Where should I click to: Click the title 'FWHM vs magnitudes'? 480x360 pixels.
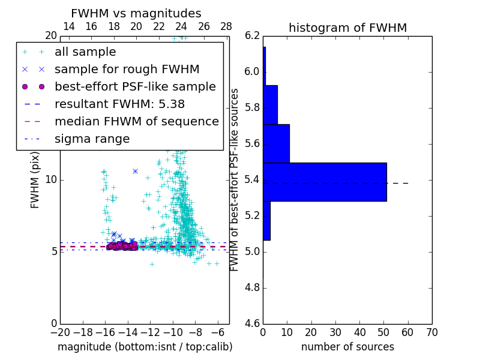pyautogui.click(x=136, y=14)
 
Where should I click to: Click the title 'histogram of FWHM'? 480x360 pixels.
pyautogui.click(x=347, y=28)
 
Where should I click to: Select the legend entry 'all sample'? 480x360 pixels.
pyautogui.click(x=85, y=52)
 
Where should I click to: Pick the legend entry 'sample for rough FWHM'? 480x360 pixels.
pyautogui.click(x=127, y=70)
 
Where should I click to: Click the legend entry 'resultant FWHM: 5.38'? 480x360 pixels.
pyautogui.click(x=119, y=104)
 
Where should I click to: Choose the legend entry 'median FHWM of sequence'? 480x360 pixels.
pyautogui.click(x=136, y=121)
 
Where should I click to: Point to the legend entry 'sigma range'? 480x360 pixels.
pyautogui.click(x=92, y=139)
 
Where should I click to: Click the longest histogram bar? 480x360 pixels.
pyautogui.click(x=325, y=182)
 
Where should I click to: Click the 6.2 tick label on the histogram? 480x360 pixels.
pyautogui.click(x=252, y=36)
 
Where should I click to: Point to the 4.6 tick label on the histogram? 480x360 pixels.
pyautogui.click(x=252, y=323)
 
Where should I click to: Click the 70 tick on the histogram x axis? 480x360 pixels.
pyautogui.click(x=431, y=332)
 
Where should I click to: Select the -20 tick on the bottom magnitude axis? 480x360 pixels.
pyautogui.click(x=60, y=332)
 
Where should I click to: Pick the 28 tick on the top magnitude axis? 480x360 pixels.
pyautogui.click(x=226, y=26)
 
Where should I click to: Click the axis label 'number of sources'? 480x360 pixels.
pyautogui.click(x=347, y=347)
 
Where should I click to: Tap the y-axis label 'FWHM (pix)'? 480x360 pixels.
pyautogui.click(x=35, y=180)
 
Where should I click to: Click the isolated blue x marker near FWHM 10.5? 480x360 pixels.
pyautogui.click(x=135, y=171)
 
